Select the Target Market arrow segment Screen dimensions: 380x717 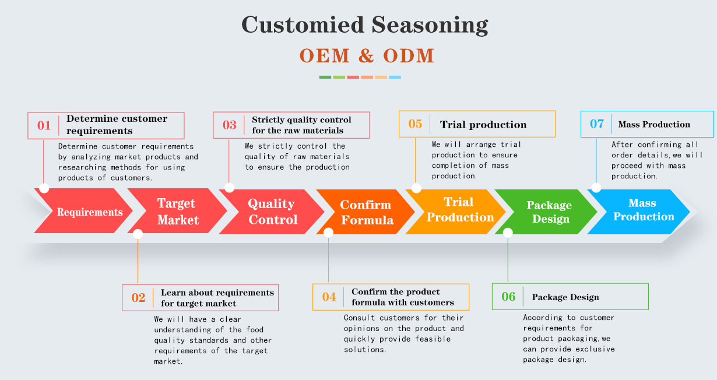pyautogui.click(x=178, y=212)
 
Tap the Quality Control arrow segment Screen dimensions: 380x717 pyautogui.click(x=272, y=212)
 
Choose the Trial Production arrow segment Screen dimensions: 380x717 pyautogui.click(x=459, y=210)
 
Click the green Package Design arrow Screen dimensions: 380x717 pyautogui.click(x=548, y=212)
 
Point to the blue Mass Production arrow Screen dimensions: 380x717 pyautogui.click(x=642, y=210)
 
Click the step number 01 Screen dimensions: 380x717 pyautogui.click(x=44, y=125)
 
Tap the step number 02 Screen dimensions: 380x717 pyautogui.click(x=138, y=298)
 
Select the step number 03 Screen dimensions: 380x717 pyautogui.click(x=230, y=125)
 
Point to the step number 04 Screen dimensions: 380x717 pyautogui.click(x=329, y=297)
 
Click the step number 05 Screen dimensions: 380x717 pyautogui.click(x=415, y=124)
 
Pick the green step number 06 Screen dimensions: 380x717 pyautogui.click(x=508, y=297)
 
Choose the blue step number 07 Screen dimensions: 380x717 pyautogui.click(x=597, y=124)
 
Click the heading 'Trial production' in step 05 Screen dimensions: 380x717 pyautogui.click(x=483, y=125)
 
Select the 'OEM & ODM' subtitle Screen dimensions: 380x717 pyautogui.click(x=367, y=56)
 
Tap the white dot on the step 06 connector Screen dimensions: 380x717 pyautogui.click(x=508, y=233)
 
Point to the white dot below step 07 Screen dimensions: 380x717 pyautogui.click(x=596, y=188)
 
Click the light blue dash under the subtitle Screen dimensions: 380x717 pyautogui.click(x=395, y=77)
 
